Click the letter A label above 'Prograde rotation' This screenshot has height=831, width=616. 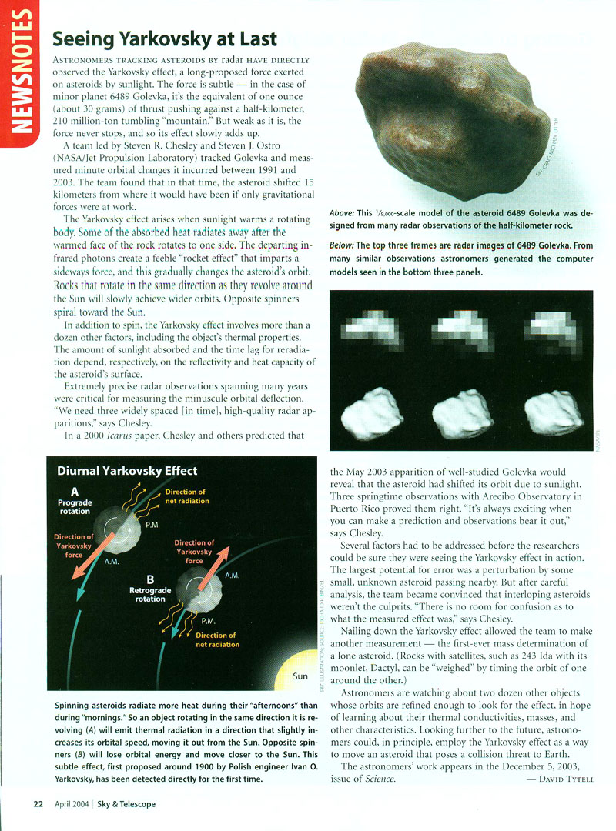(75, 490)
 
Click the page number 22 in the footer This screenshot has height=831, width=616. (37, 804)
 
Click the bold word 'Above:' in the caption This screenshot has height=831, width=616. (342, 212)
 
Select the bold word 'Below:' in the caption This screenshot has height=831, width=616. (342, 245)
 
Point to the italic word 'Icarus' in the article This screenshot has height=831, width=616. (122, 435)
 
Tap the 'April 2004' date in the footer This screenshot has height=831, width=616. (71, 804)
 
